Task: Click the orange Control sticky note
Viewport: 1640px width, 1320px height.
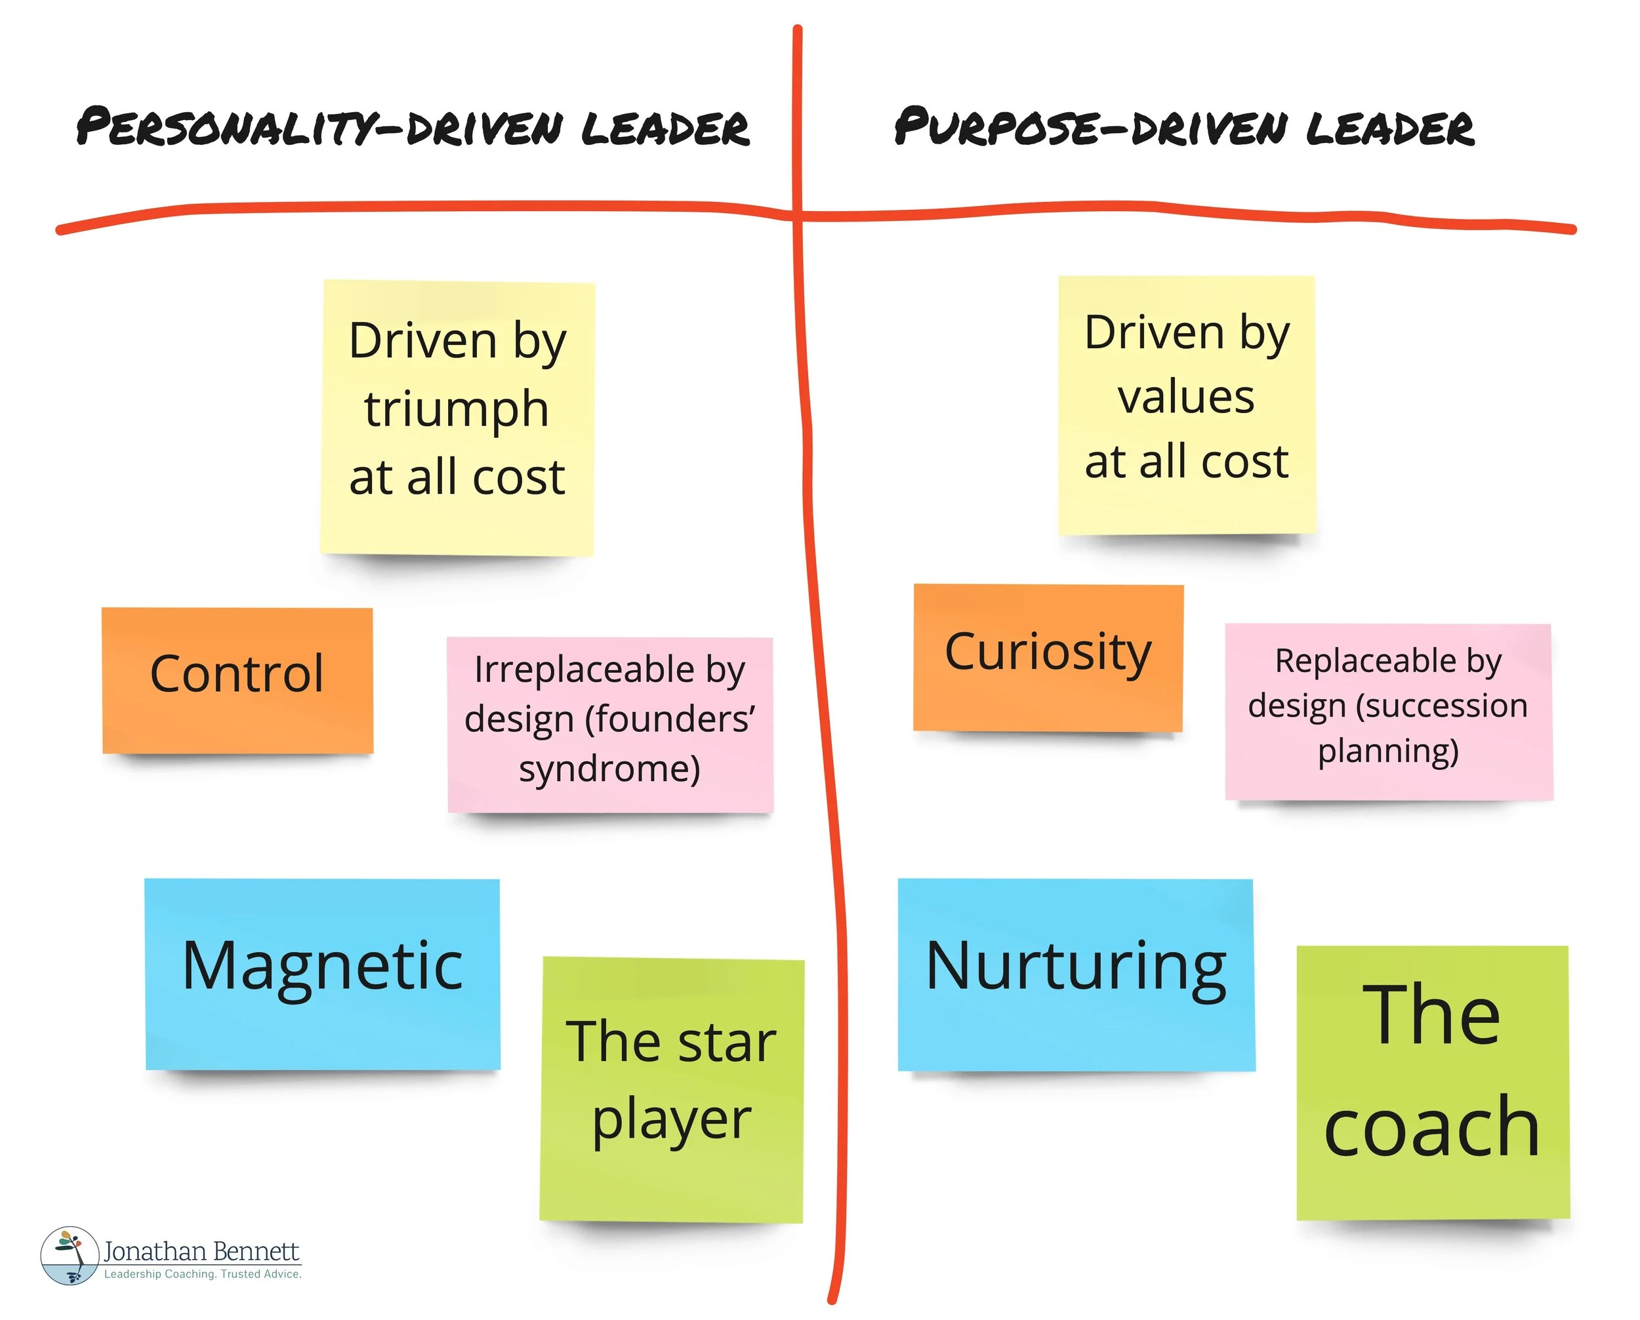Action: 237,680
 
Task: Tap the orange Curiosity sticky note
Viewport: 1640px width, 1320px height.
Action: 1048,657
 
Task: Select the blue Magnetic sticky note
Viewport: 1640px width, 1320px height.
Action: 323,973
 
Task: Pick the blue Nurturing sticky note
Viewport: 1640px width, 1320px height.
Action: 1076,974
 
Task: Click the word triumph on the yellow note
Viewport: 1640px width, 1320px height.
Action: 457,410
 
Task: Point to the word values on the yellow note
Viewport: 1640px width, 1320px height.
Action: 1186,397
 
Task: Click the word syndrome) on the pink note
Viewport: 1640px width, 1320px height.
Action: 609,769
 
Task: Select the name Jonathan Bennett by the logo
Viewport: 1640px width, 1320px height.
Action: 201,1250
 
